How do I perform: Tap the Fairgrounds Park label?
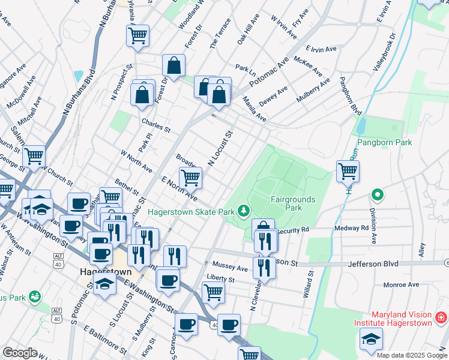point(285,203)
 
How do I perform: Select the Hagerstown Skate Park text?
point(191,211)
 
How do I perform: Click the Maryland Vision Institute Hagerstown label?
point(402,319)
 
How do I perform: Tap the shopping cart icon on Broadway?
point(190,177)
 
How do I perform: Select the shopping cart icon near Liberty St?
point(214,292)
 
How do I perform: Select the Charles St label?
point(156,125)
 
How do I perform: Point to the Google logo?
point(20,353)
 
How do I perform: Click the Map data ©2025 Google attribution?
point(412,355)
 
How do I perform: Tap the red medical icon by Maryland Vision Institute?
point(441,316)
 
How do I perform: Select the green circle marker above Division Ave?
point(377,194)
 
